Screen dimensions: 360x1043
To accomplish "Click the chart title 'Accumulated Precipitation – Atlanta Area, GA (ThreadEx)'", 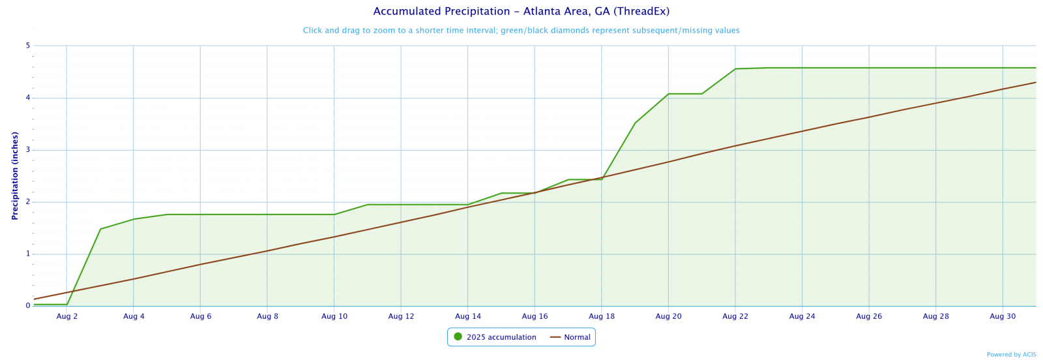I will coord(521,12).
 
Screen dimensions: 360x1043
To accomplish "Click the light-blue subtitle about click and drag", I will coord(521,31).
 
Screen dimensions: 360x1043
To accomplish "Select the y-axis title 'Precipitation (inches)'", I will coord(15,175).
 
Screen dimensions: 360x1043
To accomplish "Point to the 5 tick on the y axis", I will coord(28,46).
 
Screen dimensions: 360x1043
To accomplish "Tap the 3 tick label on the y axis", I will coord(28,150).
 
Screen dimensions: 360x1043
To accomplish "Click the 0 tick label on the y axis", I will coord(28,306).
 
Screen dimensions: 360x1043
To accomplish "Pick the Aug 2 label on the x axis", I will coord(67,317).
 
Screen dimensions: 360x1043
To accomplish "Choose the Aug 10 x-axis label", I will coord(334,317).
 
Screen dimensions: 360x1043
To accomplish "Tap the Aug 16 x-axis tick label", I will coord(535,317).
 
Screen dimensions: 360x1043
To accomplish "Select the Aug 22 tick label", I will coord(735,317).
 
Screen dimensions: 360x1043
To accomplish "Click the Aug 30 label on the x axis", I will coord(1003,317).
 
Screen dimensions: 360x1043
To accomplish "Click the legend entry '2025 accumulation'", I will coord(501,337).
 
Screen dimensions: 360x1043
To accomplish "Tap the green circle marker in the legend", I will coord(458,337).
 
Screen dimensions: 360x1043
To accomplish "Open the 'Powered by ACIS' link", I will coord(1011,355).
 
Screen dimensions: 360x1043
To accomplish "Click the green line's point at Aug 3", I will coord(100,229).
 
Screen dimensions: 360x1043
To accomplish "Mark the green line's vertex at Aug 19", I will coord(635,123).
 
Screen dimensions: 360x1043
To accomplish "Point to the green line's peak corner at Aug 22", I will coord(735,68).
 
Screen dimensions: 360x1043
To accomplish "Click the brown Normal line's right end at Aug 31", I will coord(1036,82).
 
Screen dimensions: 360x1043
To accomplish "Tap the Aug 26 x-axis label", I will coord(869,317).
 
